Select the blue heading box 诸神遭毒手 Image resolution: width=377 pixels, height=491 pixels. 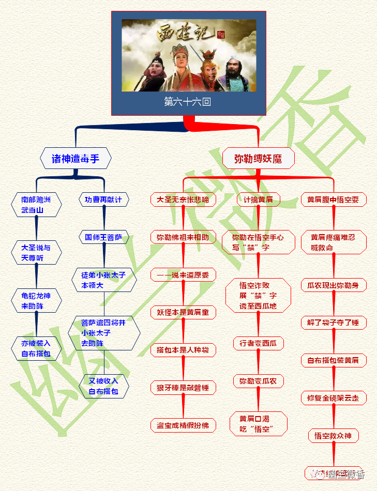pos(76,159)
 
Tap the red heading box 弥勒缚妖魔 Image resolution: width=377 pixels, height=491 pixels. pos(258,159)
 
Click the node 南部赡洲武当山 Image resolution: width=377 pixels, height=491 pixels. pos(36,205)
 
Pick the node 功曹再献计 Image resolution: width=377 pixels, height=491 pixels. pos(103,200)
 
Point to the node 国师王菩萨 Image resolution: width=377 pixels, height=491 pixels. pos(103,238)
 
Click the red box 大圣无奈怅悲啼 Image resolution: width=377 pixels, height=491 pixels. pos(183,200)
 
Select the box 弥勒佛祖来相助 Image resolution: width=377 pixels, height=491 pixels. pos(183,238)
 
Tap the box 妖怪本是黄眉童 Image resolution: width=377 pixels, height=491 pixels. pos(183,312)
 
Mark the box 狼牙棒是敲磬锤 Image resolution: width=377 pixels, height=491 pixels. pos(183,388)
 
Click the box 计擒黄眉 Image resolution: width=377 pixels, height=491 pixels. pos(258,200)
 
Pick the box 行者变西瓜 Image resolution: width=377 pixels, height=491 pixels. pos(258,343)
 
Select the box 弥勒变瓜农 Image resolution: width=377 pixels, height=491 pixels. pos(258,381)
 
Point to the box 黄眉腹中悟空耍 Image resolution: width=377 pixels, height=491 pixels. pos(334,200)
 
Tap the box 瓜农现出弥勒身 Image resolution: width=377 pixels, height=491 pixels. pos(334,285)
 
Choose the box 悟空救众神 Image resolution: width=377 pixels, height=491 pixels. pos(334,436)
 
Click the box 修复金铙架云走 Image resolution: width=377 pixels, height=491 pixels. pos(334,398)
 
